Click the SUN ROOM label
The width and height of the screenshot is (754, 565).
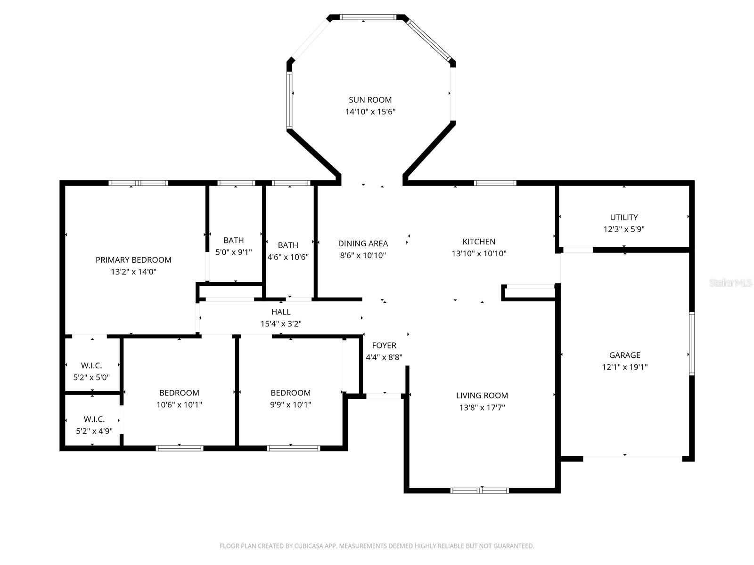pyautogui.click(x=370, y=100)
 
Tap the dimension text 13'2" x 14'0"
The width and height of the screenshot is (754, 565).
pyautogui.click(x=133, y=272)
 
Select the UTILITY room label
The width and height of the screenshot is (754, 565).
pyautogui.click(x=624, y=217)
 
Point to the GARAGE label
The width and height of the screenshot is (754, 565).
pyautogui.click(x=624, y=355)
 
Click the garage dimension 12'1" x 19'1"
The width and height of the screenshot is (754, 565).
pyautogui.click(x=624, y=367)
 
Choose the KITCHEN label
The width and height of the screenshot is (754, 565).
pyautogui.click(x=479, y=242)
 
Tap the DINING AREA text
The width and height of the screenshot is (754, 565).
pyautogui.click(x=363, y=243)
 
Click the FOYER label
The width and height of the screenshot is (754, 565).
pyautogui.click(x=384, y=345)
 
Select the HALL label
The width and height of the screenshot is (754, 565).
pyautogui.click(x=281, y=312)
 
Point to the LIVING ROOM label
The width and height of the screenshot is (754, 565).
pyautogui.click(x=482, y=395)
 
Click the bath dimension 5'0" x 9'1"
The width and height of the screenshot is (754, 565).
pyautogui.click(x=234, y=252)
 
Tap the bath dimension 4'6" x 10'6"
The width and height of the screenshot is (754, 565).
pyautogui.click(x=288, y=257)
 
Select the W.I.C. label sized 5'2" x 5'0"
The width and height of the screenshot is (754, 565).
pyautogui.click(x=91, y=365)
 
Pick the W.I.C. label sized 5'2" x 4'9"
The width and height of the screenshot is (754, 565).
pyautogui.click(x=94, y=419)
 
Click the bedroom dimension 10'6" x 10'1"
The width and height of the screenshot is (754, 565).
pyautogui.click(x=179, y=404)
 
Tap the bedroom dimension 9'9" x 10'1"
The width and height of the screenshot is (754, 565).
pyautogui.click(x=290, y=404)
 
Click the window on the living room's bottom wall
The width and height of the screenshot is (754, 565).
pyautogui.click(x=480, y=490)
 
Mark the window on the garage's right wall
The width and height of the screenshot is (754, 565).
pyautogui.click(x=692, y=343)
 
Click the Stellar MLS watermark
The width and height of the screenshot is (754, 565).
pyautogui.click(x=730, y=282)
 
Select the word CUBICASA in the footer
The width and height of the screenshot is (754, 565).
pyautogui.click(x=309, y=546)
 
